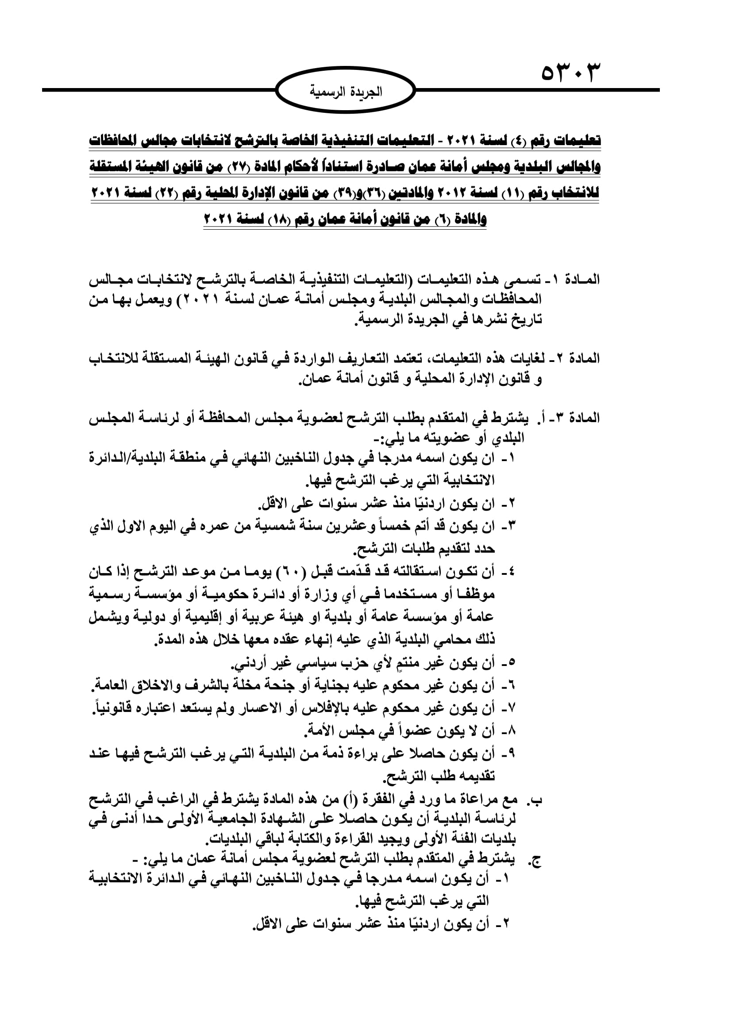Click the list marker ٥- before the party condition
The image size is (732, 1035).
(x=509, y=663)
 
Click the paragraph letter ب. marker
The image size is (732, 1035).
(x=536, y=800)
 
